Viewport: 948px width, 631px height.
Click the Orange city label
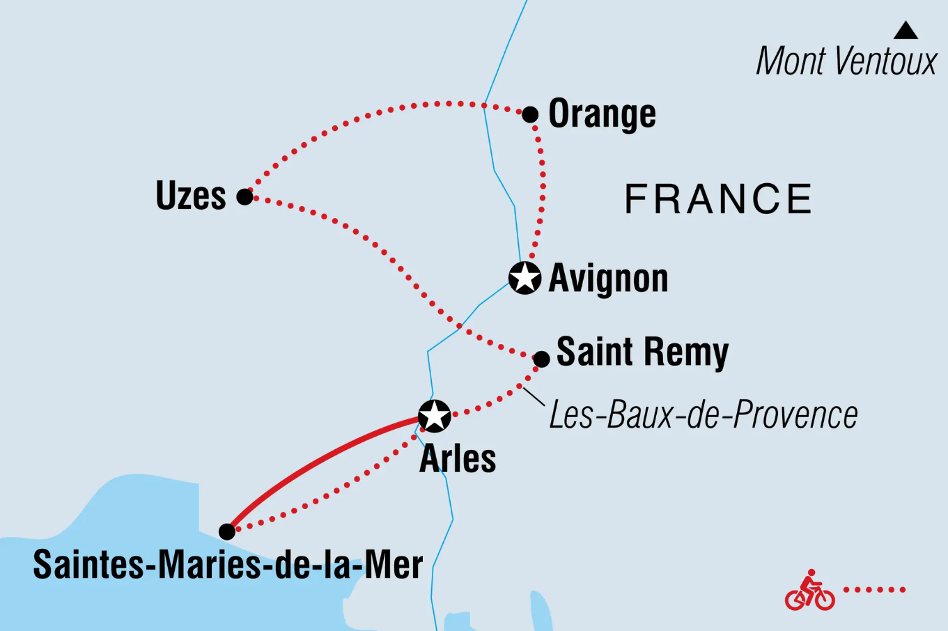602,114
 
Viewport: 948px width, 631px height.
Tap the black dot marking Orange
530,114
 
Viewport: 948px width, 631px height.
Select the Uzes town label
191,196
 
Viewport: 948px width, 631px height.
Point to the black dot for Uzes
244,196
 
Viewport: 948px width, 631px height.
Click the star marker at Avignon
524,278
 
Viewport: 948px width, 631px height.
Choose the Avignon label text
608,279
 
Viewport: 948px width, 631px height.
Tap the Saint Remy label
642,352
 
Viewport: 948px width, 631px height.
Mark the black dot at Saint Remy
541,359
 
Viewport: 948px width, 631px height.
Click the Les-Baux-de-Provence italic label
704,415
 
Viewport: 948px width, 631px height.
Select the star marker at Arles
435,416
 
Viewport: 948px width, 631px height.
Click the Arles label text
458,459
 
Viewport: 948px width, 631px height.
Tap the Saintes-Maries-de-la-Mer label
228,565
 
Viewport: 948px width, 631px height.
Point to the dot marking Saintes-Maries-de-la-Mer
227,531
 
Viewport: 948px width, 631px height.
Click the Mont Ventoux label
846,61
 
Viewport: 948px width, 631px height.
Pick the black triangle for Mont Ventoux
906,31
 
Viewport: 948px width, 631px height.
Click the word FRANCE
718,199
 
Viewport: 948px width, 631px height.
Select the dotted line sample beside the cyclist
874,590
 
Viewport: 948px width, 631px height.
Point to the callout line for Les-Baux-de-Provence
534,396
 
